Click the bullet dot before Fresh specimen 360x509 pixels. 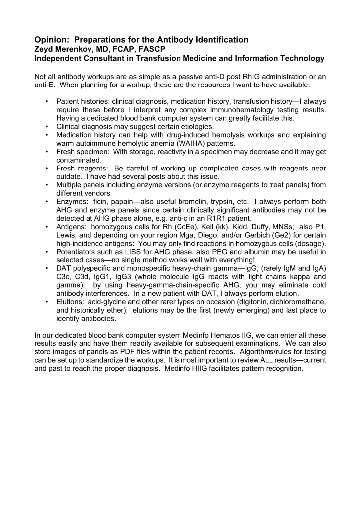pos(46,152)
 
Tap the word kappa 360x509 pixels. pos(285,277)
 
